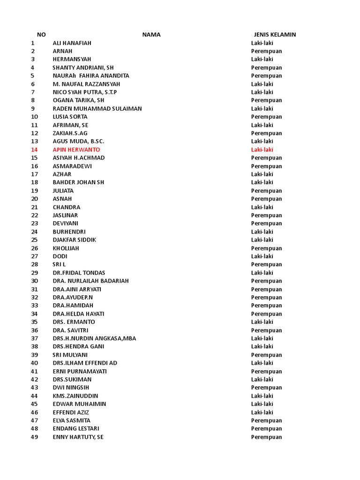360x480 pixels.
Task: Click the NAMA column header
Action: coord(151,35)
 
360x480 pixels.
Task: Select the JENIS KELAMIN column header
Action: coord(275,35)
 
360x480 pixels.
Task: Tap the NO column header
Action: coord(41,35)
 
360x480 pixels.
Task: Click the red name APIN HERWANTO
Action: coord(76,150)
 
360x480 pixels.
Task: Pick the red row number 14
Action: coord(34,150)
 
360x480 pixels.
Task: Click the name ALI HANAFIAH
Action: coord(72,43)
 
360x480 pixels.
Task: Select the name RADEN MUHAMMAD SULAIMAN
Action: coord(97,109)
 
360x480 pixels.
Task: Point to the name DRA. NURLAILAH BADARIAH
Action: coord(90,281)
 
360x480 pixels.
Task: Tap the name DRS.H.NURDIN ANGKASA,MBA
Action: coord(94,338)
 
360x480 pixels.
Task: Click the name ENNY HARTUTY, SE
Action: coord(78,437)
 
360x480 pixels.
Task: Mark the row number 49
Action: coord(34,437)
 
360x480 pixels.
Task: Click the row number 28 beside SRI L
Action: coord(34,264)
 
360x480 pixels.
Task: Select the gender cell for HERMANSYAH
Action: coord(262,59)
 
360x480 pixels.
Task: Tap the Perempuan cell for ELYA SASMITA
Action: coord(266,420)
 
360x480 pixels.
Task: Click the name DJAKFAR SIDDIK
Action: coord(75,240)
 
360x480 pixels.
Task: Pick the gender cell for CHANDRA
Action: coord(262,207)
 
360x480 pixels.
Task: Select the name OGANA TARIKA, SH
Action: coord(78,100)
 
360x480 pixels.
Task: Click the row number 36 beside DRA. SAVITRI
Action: coord(34,330)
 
